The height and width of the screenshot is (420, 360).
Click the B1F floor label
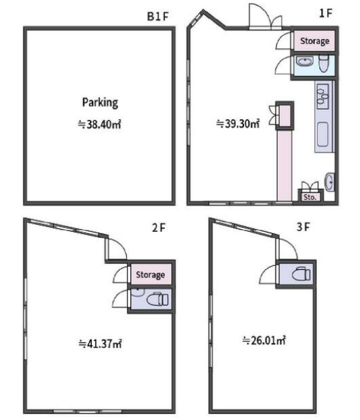(158, 16)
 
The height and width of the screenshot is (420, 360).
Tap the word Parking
(100, 103)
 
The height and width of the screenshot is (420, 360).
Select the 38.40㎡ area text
(99, 125)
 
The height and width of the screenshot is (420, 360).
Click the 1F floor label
(326, 13)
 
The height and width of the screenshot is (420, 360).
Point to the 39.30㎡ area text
(238, 123)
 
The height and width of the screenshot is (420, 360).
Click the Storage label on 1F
(314, 42)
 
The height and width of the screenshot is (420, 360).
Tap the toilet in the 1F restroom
(324, 64)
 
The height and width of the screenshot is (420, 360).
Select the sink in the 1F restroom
(304, 62)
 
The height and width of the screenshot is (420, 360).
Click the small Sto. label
(310, 198)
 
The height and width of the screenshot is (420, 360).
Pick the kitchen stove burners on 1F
(322, 96)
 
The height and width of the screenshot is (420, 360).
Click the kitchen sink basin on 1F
(322, 134)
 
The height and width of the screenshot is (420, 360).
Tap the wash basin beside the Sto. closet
(329, 182)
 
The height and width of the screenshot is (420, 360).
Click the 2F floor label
(159, 228)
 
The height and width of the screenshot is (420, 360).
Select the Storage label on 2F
(150, 275)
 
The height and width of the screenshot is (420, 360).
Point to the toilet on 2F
(158, 299)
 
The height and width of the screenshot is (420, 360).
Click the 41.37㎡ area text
(101, 344)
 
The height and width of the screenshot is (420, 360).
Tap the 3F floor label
(303, 227)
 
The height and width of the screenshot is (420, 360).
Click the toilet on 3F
(301, 274)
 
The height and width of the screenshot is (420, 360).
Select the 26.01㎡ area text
(263, 340)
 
